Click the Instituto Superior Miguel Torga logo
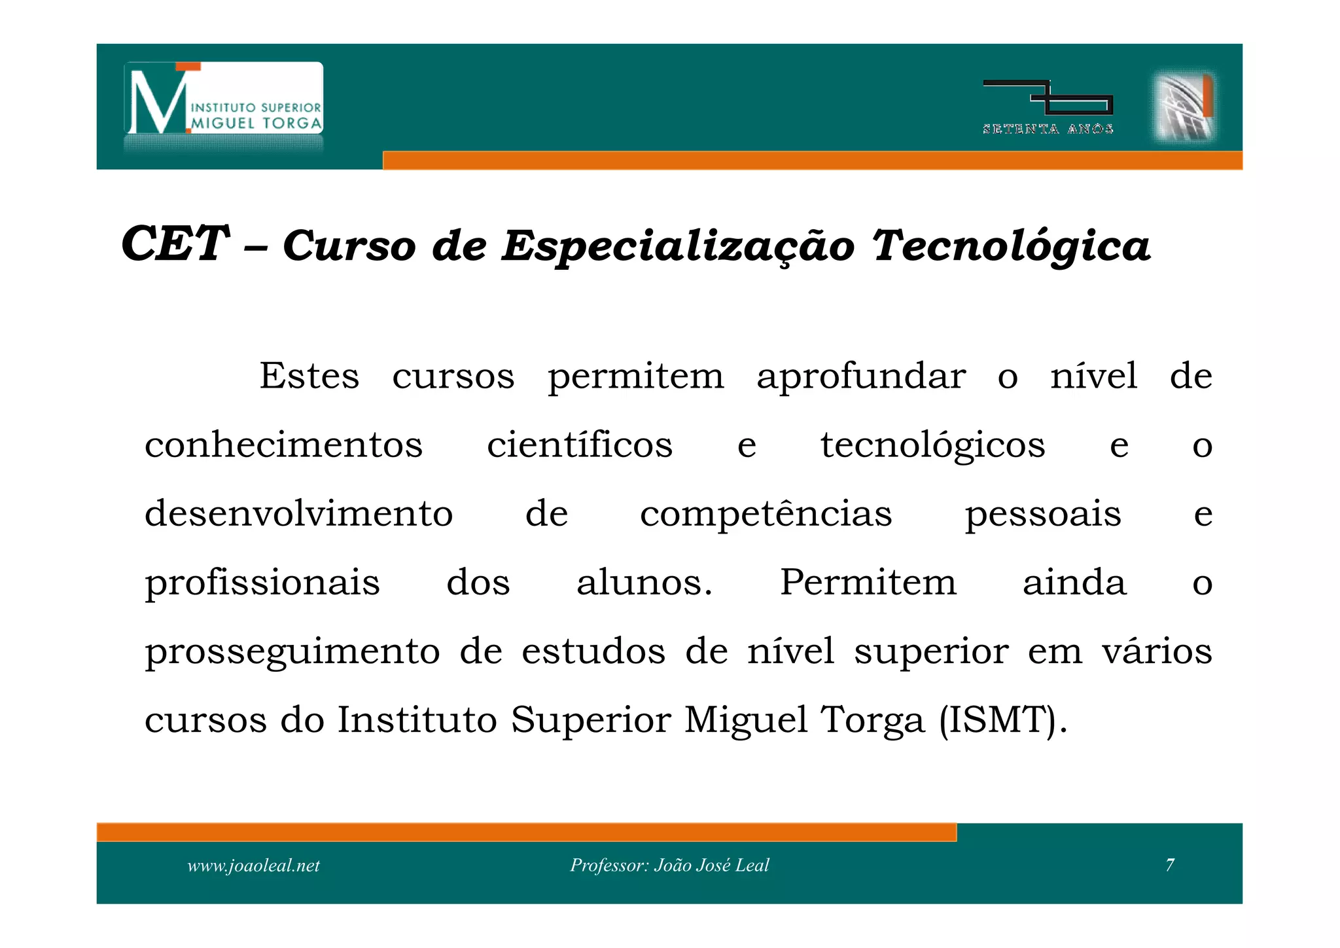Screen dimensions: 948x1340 [x=224, y=100]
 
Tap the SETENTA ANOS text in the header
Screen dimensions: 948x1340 [x=1048, y=129]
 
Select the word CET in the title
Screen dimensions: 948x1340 [x=175, y=244]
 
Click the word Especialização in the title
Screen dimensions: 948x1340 [x=678, y=247]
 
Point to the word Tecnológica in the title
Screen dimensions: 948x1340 [x=1011, y=247]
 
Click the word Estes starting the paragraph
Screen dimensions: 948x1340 [x=309, y=376]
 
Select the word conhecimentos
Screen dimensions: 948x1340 [x=283, y=445]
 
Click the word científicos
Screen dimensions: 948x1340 [x=580, y=445]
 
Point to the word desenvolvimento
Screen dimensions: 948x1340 [x=298, y=513]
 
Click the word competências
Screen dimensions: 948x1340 [x=766, y=515]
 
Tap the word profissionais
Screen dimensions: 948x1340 [x=262, y=583]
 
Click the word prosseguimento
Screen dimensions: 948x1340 [x=292, y=652]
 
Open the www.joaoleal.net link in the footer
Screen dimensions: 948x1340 [x=253, y=866]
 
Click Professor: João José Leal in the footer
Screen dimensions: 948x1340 [x=669, y=866]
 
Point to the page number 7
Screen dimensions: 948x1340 [x=1170, y=865]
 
